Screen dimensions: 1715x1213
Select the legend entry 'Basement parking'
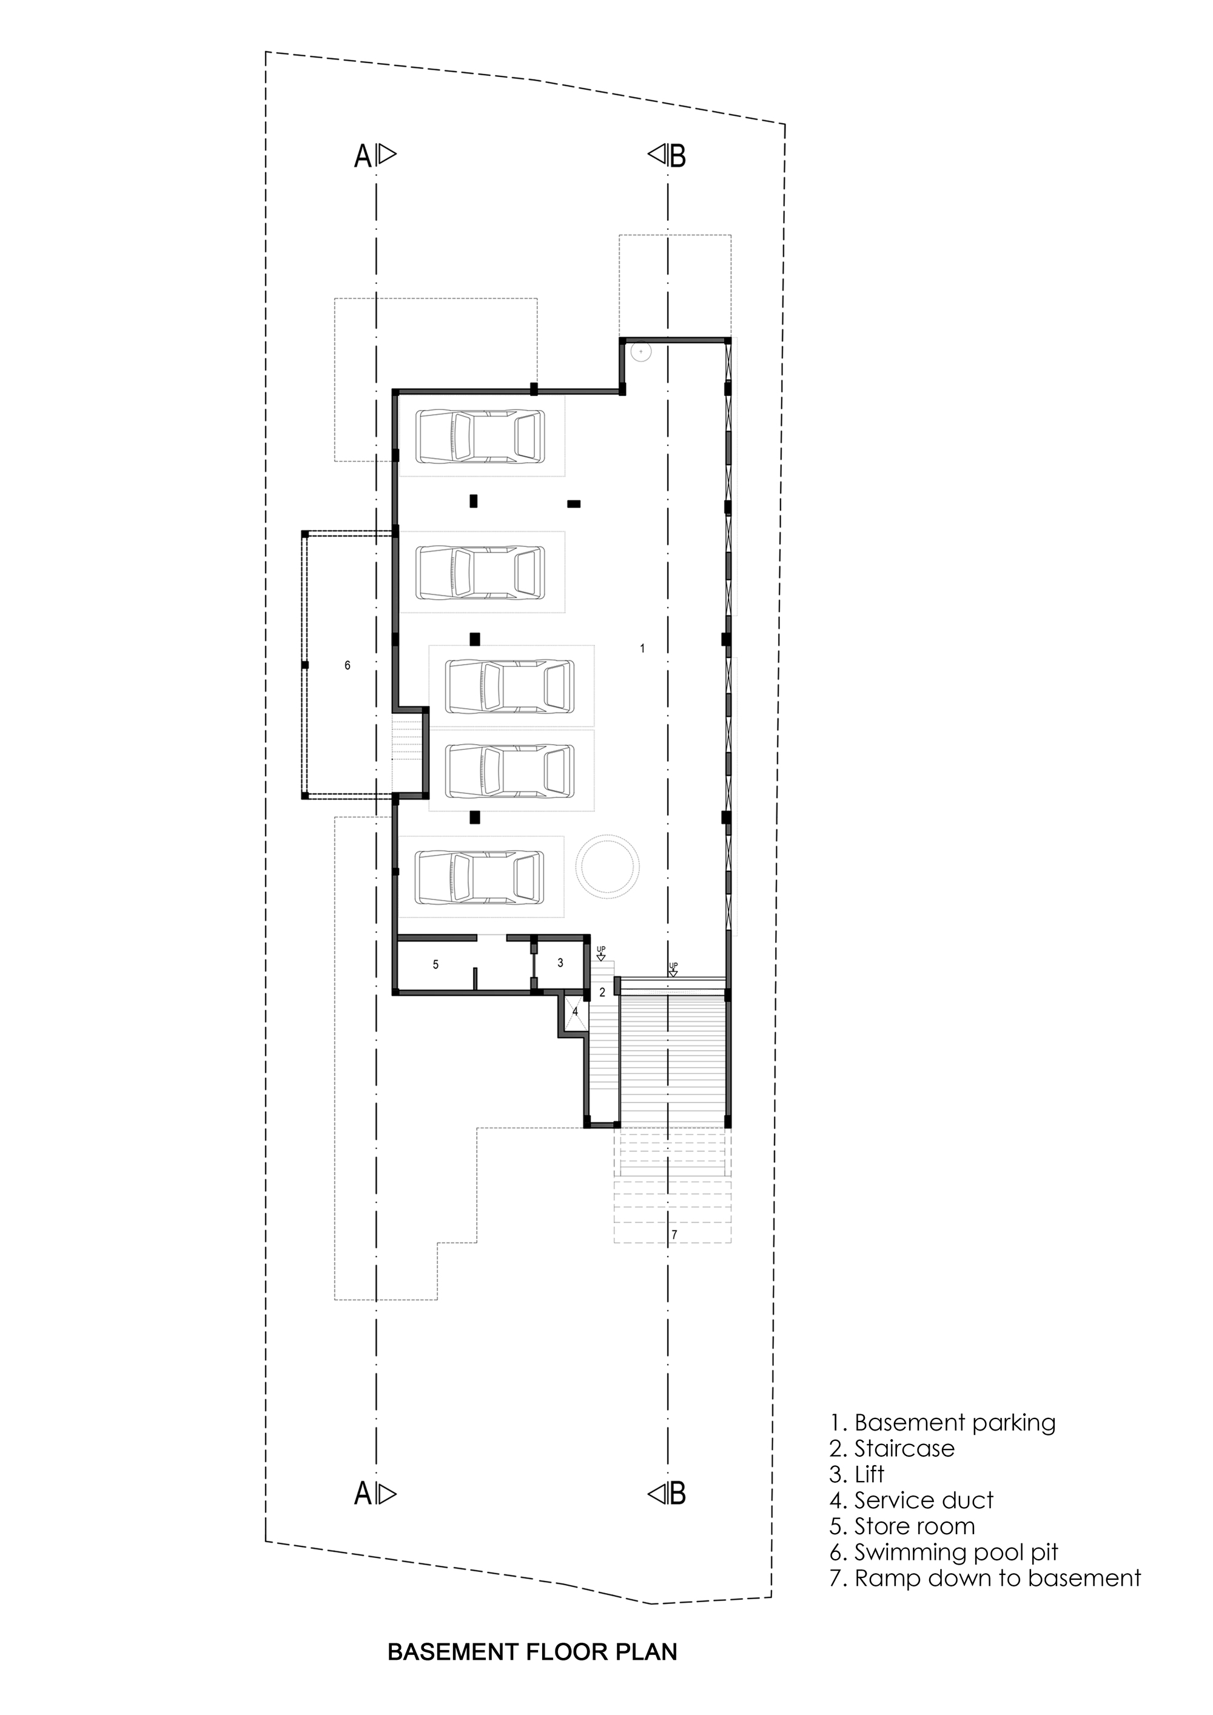[943, 1423]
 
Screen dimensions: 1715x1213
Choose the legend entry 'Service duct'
[911, 1500]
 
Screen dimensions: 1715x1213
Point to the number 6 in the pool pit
[348, 665]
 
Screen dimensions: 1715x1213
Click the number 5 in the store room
[436, 965]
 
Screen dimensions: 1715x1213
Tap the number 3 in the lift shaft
[561, 964]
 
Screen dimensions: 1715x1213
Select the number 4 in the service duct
[575, 1012]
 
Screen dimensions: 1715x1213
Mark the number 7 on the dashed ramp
[674, 1235]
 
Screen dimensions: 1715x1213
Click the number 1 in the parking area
[642, 649]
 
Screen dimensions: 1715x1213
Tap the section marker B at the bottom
[677, 1494]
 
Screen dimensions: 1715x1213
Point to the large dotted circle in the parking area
[607, 864]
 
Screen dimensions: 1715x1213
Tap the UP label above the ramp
[673, 965]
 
